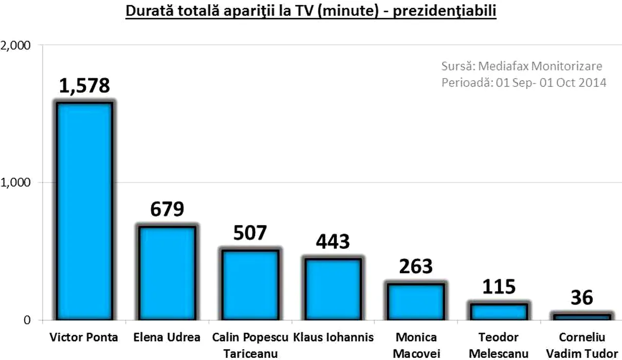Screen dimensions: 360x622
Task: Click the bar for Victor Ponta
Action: (x=84, y=211)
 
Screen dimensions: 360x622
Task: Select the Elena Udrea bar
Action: (x=166, y=273)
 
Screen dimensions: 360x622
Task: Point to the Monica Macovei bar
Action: (x=415, y=301)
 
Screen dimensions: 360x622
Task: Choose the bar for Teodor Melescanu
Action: (x=498, y=312)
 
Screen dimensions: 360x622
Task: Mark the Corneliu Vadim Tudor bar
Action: (x=581, y=317)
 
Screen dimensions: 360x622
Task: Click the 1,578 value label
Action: (x=84, y=85)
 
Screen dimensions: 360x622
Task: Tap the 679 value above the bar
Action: (x=167, y=209)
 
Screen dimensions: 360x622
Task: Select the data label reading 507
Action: (x=250, y=233)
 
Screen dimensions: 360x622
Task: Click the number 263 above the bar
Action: (x=415, y=267)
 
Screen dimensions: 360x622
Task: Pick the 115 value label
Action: (x=499, y=287)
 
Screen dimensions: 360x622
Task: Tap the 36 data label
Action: (x=581, y=297)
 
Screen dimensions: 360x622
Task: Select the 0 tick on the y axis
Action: (x=27, y=320)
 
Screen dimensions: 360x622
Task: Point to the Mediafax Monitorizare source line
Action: (x=522, y=66)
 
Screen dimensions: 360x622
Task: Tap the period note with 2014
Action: (x=524, y=82)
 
